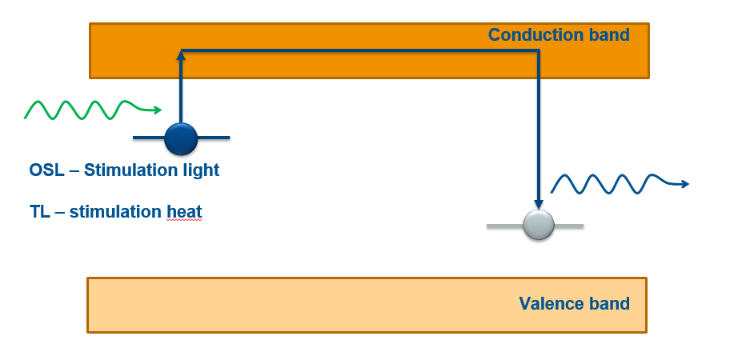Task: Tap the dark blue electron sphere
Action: pos(181,138)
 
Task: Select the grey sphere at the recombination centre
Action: pos(538,226)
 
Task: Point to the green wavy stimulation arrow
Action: pos(88,110)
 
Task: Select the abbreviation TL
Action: pos(39,212)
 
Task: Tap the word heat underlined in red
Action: pos(184,212)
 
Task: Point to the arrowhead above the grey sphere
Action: pos(538,205)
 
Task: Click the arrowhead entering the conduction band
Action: pos(181,54)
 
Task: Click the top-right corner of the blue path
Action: pos(538,52)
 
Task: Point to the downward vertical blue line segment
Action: pos(538,128)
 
